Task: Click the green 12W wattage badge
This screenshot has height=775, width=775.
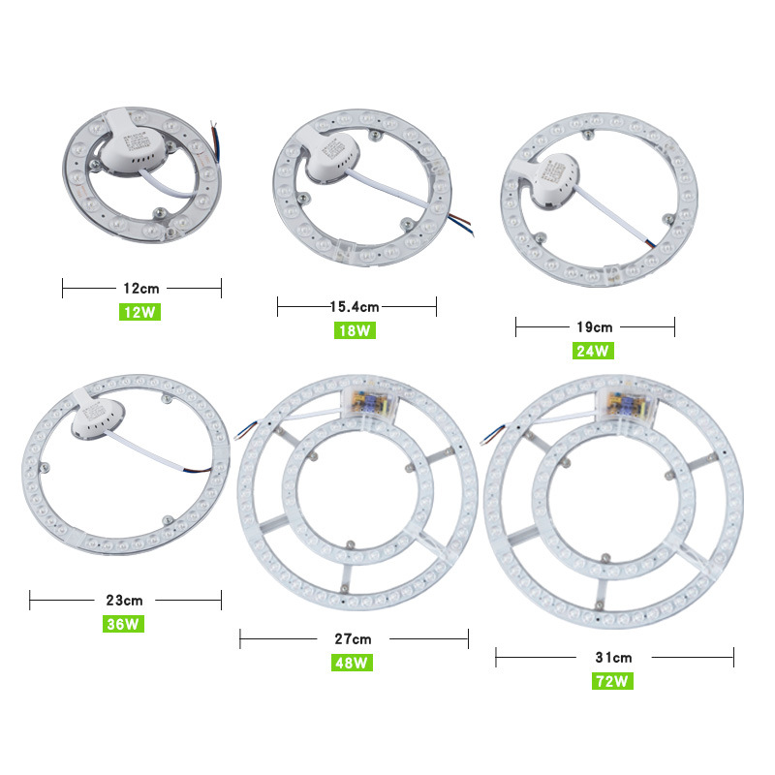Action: [x=139, y=312]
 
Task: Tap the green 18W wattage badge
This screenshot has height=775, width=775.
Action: [x=355, y=330]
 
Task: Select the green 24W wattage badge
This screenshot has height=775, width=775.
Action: [x=593, y=351]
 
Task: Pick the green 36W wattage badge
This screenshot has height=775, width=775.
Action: [x=123, y=624]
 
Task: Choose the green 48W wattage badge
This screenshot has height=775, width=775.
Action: [x=352, y=663]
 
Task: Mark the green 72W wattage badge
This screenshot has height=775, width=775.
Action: [x=612, y=681]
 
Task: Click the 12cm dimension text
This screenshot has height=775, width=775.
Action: [x=141, y=288]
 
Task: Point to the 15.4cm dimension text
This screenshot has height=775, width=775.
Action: [x=355, y=307]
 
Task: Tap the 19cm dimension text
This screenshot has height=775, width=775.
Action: [x=595, y=327]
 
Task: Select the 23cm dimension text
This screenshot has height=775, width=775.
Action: [x=124, y=600]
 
